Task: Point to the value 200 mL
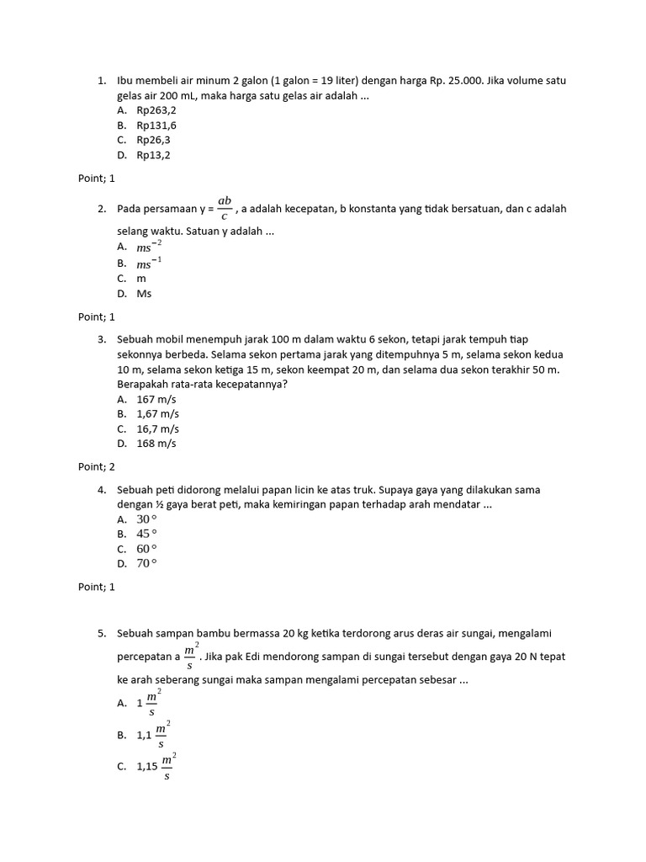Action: click(189, 96)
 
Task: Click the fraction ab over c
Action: click(225, 208)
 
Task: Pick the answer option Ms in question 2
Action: click(144, 294)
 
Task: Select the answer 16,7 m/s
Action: click(156, 428)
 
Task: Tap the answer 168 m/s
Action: click(156, 444)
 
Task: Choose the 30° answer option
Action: click(147, 519)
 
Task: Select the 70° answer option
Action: click(147, 564)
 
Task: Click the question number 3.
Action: click(101, 338)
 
